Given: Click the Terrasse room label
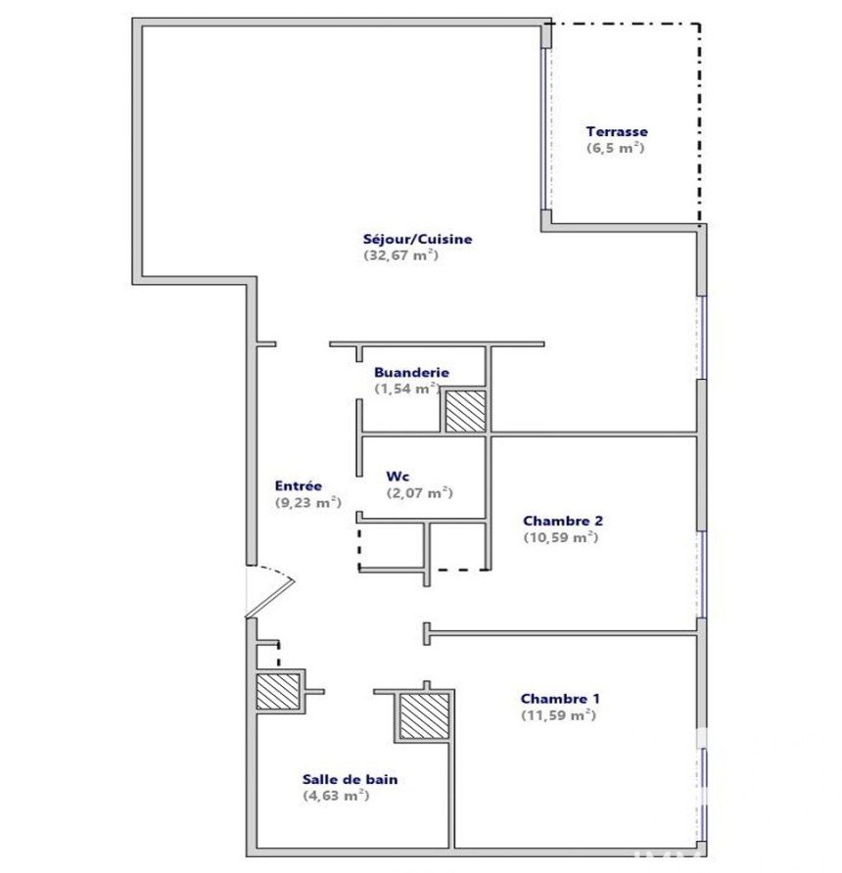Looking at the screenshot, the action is [x=617, y=132].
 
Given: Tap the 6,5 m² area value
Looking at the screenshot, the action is [x=616, y=148].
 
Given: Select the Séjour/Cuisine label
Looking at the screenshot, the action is [x=418, y=240].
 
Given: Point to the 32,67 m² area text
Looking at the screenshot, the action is [x=401, y=255].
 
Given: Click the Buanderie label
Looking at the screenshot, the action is [x=411, y=373].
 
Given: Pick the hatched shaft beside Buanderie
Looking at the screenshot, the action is [x=465, y=411].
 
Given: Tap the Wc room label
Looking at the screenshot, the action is [x=398, y=477].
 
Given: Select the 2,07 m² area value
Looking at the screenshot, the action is [x=419, y=493].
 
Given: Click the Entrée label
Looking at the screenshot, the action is [x=299, y=486].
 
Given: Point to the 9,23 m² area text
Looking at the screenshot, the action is [x=308, y=503].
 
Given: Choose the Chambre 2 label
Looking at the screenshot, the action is [x=563, y=521].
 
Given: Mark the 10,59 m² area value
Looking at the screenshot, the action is [x=561, y=538].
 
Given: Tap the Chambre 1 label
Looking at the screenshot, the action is [x=560, y=699].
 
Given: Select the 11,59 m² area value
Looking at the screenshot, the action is [x=558, y=715].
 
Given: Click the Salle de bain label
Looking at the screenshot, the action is [x=351, y=779].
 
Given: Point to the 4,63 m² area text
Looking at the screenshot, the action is [x=337, y=796].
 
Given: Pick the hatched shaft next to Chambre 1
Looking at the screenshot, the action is [x=424, y=716].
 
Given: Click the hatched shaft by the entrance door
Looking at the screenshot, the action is [x=278, y=692].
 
